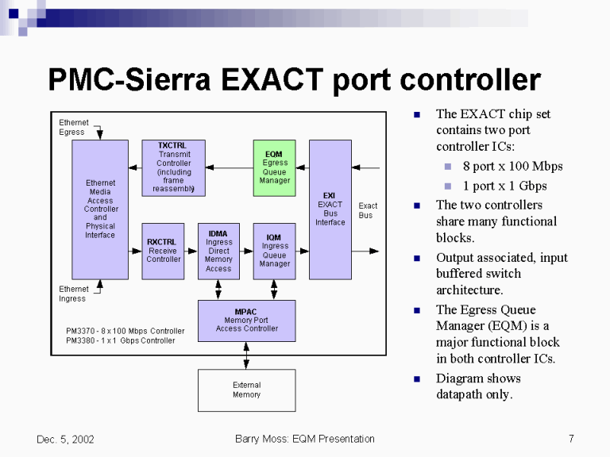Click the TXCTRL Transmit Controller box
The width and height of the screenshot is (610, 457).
(x=173, y=167)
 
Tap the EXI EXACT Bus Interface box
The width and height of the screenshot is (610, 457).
(x=330, y=209)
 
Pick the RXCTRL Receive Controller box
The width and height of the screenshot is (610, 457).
(x=163, y=251)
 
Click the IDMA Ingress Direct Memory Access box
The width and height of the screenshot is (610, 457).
(x=218, y=251)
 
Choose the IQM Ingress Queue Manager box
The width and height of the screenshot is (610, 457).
(x=274, y=251)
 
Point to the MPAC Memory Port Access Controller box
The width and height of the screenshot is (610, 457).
(x=246, y=321)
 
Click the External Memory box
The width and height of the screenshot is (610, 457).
(x=246, y=390)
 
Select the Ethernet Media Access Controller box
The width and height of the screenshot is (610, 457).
(x=100, y=209)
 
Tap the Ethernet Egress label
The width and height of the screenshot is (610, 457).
(x=74, y=127)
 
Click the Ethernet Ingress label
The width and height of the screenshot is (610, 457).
(x=74, y=294)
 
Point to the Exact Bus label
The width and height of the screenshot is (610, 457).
(x=368, y=210)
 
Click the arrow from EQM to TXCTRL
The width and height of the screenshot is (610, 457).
(x=230, y=167)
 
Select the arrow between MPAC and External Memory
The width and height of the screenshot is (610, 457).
(x=246, y=355)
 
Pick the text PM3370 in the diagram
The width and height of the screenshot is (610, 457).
(x=80, y=331)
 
